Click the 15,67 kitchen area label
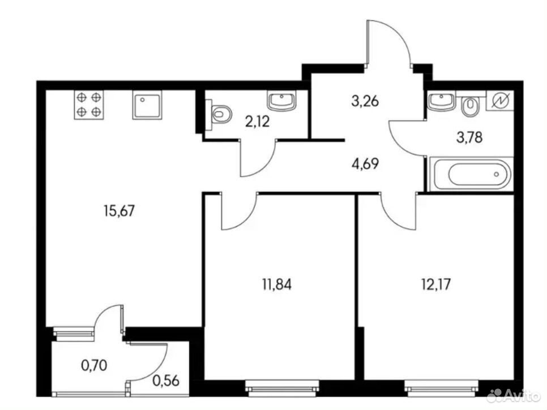pos(119,211)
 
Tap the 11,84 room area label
pos(277,284)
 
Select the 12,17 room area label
pos(436,284)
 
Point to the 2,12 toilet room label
pos(258,122)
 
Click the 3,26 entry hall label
pos(365,101)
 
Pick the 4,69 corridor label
pos(365,163)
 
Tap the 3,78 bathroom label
pos(469,137)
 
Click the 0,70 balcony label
pos(94,365)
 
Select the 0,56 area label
pos(166,381)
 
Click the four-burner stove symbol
pos(89,105)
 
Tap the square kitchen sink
pos(147,105)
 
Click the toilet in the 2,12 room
pos(219,111)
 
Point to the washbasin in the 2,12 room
pos(282,101)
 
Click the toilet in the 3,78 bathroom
pos(470,106)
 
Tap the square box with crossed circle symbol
pos(500,101)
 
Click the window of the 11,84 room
pos(282,388)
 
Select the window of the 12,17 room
pos(441,388)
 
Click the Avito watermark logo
pos(514,395)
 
